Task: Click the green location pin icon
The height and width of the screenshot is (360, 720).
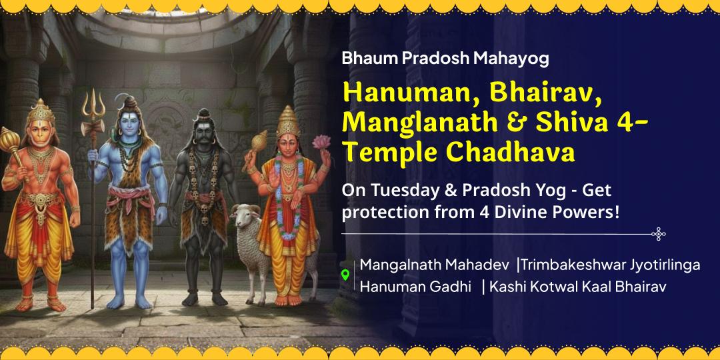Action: tap(345, 275)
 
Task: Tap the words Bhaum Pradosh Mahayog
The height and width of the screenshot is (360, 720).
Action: tap(445, 59)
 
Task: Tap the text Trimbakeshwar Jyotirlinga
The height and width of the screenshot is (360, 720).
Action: tap(610, 265)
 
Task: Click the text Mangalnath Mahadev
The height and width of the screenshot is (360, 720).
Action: tap(435, 265)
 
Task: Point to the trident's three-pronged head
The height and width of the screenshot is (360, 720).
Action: tap(93, 105)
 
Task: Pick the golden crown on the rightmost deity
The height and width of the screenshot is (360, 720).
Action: tap(287, 120)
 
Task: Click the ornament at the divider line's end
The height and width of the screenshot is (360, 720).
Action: tap(658, 233)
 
